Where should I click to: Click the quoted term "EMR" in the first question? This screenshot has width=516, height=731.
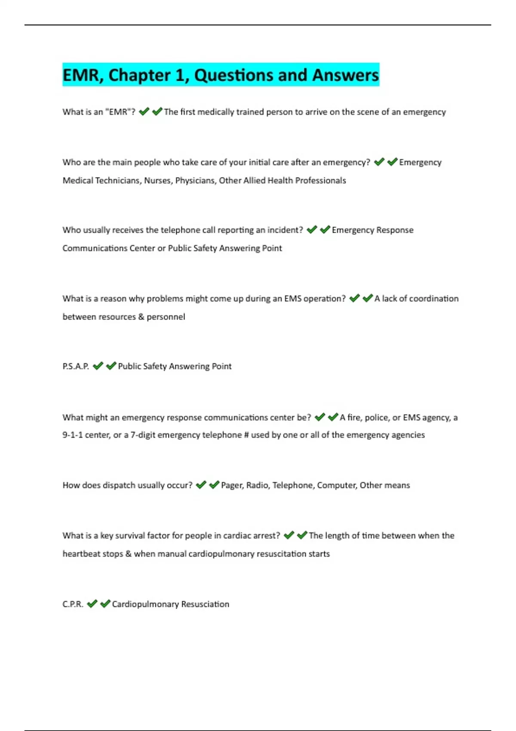pos(120,112)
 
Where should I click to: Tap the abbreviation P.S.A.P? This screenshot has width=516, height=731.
pos(76,366)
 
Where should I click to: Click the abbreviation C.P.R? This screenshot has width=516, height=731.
pos(73,604)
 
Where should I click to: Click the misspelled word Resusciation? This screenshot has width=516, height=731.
pos(205,604)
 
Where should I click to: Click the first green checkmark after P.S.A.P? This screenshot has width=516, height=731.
pos(98,366)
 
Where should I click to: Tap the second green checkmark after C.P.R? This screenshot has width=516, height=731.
pos(105,604)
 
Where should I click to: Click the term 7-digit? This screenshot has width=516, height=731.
pos(143,435)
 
